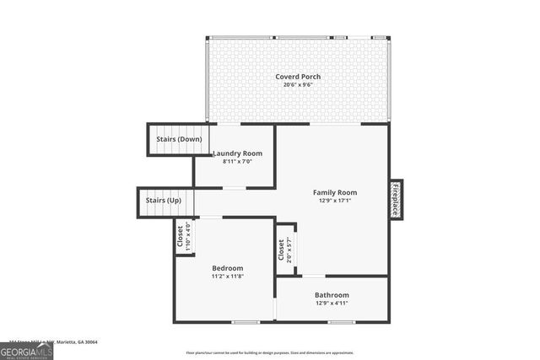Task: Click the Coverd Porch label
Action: click(x=298, y=77)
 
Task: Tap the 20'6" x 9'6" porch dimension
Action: click(x=298, y=85)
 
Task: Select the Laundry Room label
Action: click(x=237, y=153)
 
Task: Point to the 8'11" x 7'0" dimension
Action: click(x=237, y=162)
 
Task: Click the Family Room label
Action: click(x=335, y=192)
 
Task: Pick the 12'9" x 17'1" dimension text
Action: click(x=335, y=201)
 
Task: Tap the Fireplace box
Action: click(x=395, y=199)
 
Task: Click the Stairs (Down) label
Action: click(x=179, y=138)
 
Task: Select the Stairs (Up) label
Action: click(x=164, y=201)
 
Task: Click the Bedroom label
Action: click(x=227, y=268)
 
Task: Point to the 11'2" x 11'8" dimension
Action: click(x=227, y=277)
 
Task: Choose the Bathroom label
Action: click(x=332, y=295)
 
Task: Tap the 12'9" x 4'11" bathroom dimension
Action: click(x=332, y=304)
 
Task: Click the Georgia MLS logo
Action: click(x=26, y=349)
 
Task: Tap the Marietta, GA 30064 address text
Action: click(x=76, y=342)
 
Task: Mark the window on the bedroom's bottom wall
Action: click(x=246, y=322)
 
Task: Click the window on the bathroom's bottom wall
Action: click(x=341, y=322)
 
